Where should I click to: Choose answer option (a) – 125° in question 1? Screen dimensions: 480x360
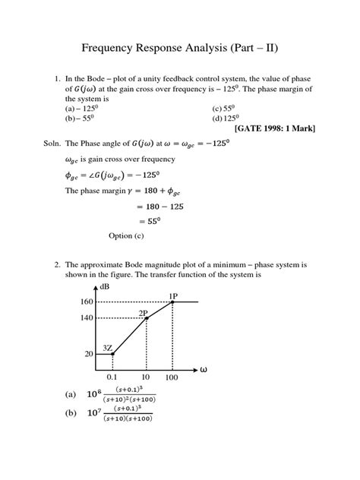point(84,108)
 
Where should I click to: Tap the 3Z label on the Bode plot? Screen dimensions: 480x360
point(108,347)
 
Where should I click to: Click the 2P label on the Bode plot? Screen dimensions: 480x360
point(143,311)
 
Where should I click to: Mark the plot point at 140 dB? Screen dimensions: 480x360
point(147,318)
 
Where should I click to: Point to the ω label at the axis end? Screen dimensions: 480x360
point(204,370)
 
